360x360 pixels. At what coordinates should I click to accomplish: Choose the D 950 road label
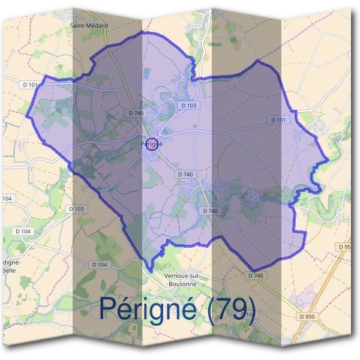[x=306, y=316]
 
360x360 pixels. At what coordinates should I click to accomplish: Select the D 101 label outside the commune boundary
[x=29, y=85]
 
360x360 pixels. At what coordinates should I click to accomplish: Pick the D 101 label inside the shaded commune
[x=278, y=120]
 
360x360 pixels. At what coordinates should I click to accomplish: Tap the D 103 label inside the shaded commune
[x=188, y=106]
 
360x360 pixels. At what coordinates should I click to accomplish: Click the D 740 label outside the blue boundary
[x=256, y=275]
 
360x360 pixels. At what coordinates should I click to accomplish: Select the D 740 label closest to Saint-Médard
[x=136, y=113]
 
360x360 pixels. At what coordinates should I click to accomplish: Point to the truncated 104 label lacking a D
[x=7, y=198]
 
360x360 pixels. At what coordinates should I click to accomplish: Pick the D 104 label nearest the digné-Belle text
[x=22, y=231]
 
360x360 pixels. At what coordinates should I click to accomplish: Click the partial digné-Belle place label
[x=11, y=266]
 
